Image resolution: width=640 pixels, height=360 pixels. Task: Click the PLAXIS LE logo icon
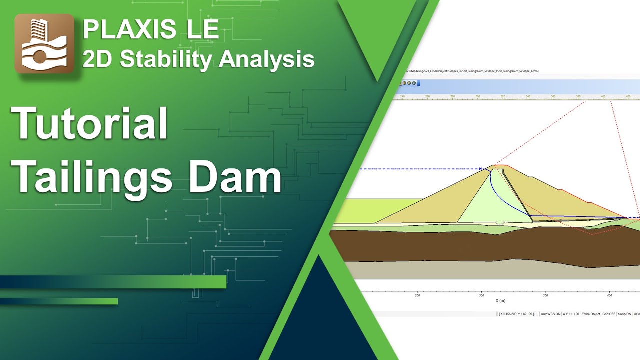[44, 44]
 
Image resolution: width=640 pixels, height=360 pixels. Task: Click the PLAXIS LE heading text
[151, 30]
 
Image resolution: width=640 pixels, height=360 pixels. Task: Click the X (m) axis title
[500, 301]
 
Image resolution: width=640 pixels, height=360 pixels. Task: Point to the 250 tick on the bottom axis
[417, 295]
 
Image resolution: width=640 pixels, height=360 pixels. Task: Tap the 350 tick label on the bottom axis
[546, 295]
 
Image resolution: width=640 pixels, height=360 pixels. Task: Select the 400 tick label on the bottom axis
[609, 295]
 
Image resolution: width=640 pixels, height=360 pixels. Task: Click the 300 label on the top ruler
[478, 96]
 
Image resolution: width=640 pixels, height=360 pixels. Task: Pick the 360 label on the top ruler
[553, 96]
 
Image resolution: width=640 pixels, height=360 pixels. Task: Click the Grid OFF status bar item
[609, 314]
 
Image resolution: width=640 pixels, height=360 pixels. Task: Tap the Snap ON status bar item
[625, 314]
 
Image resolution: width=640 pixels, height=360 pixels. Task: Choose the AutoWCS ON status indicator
[550, 314]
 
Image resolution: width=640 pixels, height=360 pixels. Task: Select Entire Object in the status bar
[591, 314]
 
